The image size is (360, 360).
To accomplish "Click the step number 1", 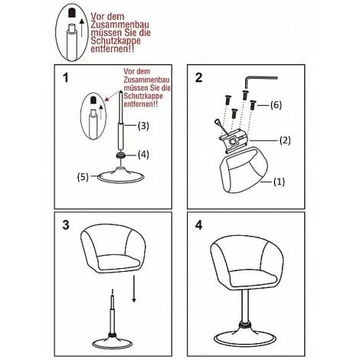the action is click(66, 77).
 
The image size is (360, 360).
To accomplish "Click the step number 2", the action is click(198, 77).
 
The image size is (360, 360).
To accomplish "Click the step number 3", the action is click(66, 225).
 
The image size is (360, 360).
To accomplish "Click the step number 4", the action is click(198, 225).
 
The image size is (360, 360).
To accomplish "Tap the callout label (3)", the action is click(143, 126).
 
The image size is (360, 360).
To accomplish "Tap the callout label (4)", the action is click(143, 154).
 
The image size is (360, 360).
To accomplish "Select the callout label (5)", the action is click(83, 177).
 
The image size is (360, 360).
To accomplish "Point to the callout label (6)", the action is click(276, 105).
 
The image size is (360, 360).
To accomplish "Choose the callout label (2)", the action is click(285, 140).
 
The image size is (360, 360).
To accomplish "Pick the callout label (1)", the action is click(279, 182).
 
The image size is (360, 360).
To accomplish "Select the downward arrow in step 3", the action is click(134, 289).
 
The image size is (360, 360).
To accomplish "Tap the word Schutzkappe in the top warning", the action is click(116, 41).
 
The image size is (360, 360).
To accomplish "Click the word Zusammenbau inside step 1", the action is click(146, 80).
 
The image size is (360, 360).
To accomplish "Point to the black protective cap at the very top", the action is click(71, 13).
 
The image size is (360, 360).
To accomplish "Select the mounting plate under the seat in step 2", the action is click(234, 143).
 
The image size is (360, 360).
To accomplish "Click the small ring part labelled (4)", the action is click(120, 155).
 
